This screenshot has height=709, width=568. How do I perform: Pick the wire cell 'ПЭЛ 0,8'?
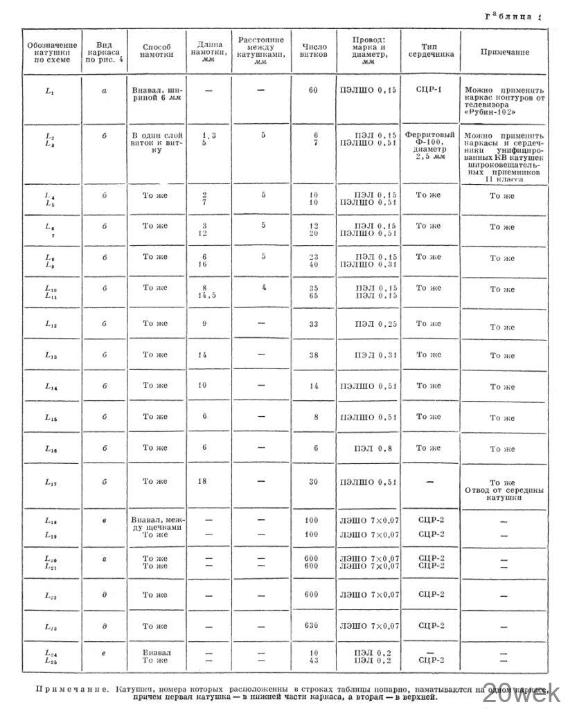[x=373, y=448]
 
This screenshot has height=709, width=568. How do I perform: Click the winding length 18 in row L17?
[x=203, y=481]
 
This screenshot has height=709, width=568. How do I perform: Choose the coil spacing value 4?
[x=264, y=287]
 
